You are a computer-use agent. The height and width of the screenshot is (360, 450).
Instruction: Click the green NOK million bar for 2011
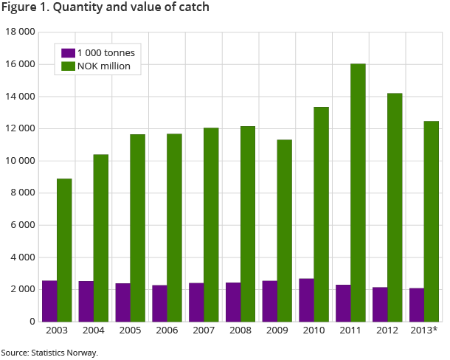click(x=358, y=193)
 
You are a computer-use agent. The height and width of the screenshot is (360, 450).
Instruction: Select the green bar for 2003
click(x=64, y=250)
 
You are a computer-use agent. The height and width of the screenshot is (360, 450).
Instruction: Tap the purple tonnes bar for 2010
click(x=306, y=300)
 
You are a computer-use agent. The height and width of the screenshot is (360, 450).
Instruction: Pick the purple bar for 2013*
click(x=416, y=305)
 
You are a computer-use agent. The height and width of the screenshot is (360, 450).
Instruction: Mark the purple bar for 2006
click(x=159, y=303)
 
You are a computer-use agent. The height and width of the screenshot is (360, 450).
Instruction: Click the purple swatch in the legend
click(x=68, y=53)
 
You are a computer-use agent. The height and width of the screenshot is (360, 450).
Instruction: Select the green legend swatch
click(x=68, y=66)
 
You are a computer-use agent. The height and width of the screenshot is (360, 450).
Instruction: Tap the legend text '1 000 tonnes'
click(x=105, y=53)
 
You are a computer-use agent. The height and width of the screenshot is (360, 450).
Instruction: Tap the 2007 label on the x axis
click(x=204, y=329)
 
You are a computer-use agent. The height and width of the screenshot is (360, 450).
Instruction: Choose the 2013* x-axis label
click(x=424, y=329)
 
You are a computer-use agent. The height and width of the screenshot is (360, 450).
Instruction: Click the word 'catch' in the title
click(x=193, y=8)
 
